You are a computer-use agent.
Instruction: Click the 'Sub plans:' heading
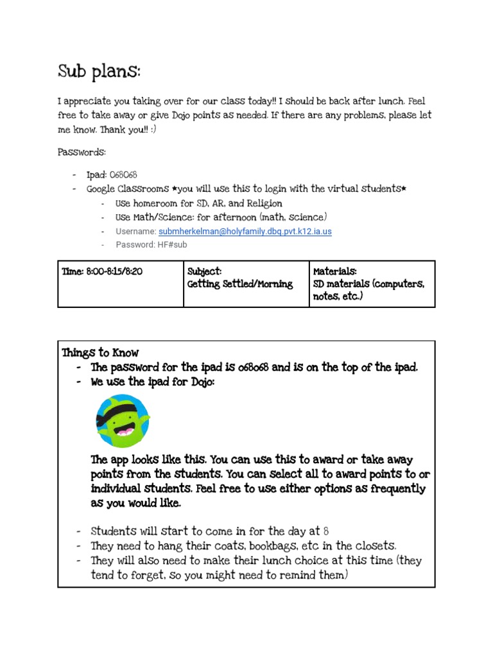[99, 71]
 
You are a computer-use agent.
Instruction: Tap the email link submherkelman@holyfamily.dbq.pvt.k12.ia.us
[245, 232]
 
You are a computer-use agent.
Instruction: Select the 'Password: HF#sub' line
[151, 244]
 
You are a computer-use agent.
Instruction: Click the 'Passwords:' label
[82, 152]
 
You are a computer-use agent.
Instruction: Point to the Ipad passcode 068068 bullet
[112, 175]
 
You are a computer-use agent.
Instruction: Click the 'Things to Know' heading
[100, 352]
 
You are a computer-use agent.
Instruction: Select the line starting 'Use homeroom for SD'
[198, 203]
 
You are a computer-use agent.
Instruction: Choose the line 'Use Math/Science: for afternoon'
[221, 217]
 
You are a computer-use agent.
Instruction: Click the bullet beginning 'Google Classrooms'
[247, 189]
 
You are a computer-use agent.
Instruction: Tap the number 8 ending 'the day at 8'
[326, 531]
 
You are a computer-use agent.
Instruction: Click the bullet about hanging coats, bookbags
[243, 545]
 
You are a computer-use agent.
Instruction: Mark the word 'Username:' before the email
[135, 232]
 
